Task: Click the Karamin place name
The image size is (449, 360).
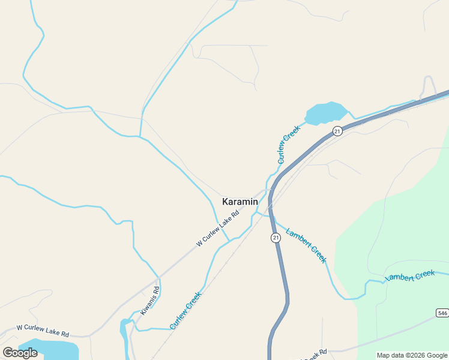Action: coord(240,202)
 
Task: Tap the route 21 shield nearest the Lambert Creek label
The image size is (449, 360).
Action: coord(276,238)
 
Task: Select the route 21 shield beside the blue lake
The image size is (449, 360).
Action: coord(338,131)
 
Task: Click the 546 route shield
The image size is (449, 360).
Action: coord(442,313)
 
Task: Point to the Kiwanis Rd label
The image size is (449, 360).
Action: coord(150,301)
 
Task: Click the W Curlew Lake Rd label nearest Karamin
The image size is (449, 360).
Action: coord(218,228)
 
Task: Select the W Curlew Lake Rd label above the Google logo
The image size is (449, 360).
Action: coord(43,330)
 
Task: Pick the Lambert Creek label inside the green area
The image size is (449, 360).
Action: coord(410,276)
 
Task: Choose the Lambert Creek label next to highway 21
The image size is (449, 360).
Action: coord(306,245)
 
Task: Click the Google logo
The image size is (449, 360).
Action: coord(20,353)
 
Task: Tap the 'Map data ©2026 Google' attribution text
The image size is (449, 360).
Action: coord(412,355)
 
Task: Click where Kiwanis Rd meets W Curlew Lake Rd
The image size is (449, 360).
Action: coord(159,278)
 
